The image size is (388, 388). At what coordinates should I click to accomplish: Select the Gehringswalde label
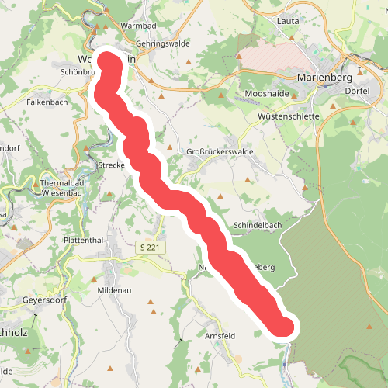tap(162, 44)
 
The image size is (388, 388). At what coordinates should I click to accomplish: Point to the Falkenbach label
tap(47, 102)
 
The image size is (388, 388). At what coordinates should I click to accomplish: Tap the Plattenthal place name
tap(85, 241)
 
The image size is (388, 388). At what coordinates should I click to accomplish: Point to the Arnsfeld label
tap(219, 336)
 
